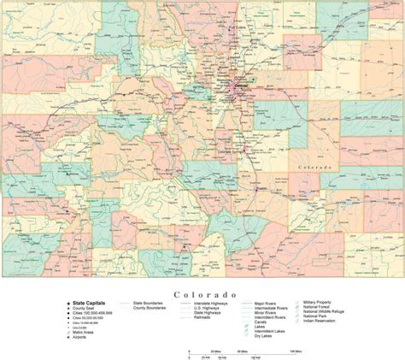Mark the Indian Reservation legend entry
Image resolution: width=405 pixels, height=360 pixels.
(x=323, y=326)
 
